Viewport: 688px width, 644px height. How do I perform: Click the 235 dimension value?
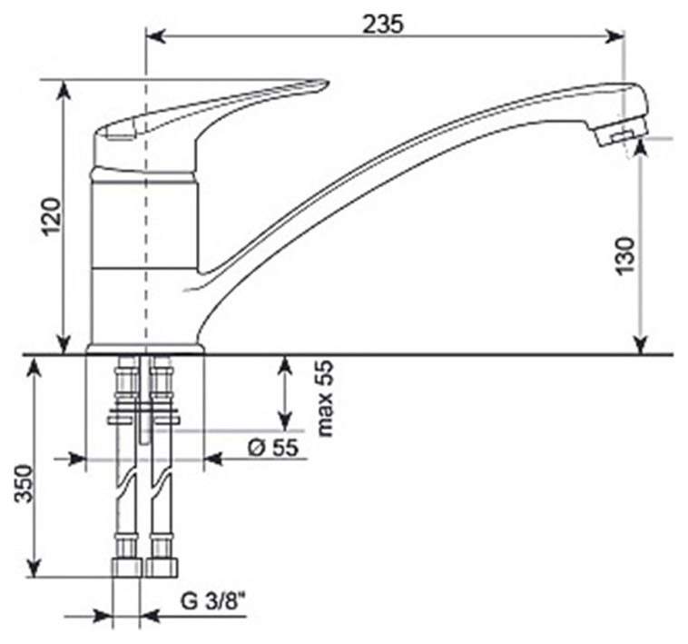point(383,25)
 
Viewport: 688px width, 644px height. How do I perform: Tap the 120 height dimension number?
point(52,217)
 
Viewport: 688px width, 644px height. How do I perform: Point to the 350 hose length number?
point(25,483)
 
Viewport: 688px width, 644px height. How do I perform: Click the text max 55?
point(325,399)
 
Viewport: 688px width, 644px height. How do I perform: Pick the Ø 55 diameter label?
point(273,448)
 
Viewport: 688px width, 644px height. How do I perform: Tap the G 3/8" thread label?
point(212,601)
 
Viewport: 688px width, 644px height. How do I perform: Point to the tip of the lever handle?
point(326,82)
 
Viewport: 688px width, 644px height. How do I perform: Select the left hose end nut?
point(127,567)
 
